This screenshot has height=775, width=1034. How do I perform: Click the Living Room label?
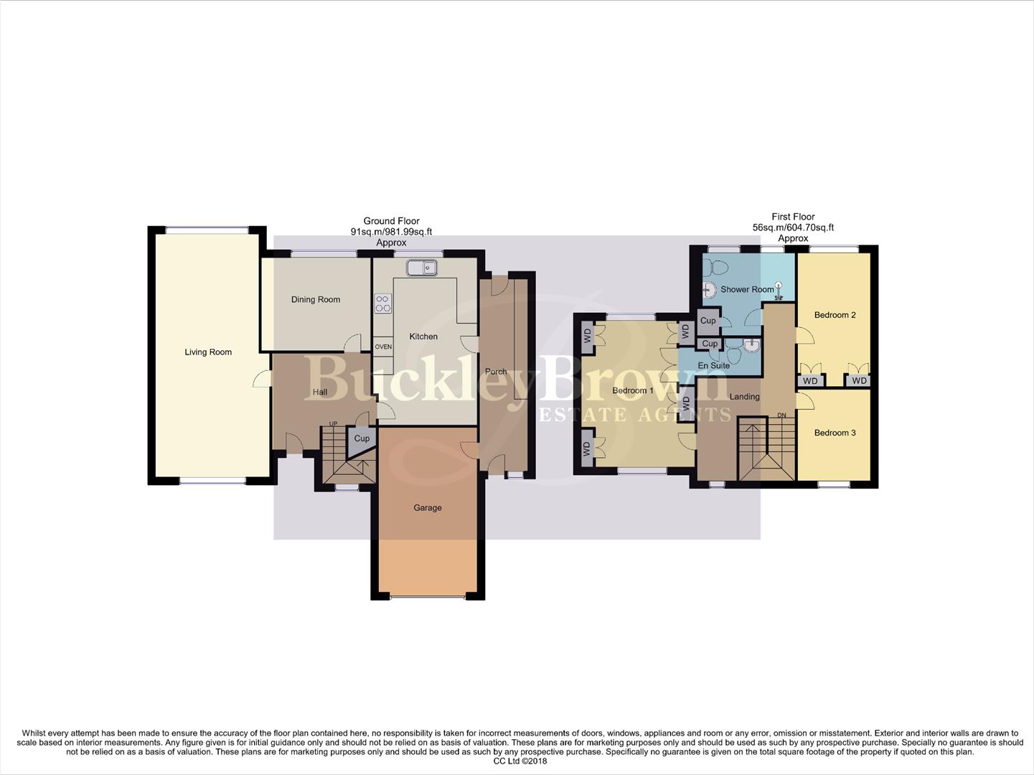pyautogui.click(x=208, y=352)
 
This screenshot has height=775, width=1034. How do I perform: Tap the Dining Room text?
pyautogui.click(x=316, y=300)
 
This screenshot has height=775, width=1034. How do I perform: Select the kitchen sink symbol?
pyautogui.click(x=422, y=268)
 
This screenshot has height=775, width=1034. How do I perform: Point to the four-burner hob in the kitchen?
pyautogui.click(x=383, y=304)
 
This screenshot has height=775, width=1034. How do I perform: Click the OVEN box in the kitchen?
pyautogui.click(x=383, y=347)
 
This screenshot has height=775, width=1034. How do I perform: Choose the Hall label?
pyautogui.click(x=320, y=392)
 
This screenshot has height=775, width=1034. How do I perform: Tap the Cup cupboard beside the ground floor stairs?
pyautogui.click(x=362, y=438)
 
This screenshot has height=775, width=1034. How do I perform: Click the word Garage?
pyautogui.click(x=428, y=508)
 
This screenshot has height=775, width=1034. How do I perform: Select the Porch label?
pyautogui.click(x=496, y=372)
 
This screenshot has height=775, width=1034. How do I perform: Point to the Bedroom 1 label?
pyautogui.click(x=633, y=391)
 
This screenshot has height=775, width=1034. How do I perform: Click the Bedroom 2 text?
pyautogui.click(x=835, y=315)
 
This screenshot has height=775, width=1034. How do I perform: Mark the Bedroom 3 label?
pyautogui.click(x=835, y=433)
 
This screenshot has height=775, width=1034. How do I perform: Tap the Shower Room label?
pyautogui.click(x=747, y=290)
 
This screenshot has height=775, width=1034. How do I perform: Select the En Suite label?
pyautogui.click(x=713, y=366)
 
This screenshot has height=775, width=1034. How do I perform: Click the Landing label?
pyautogui.click(x=744, y=397)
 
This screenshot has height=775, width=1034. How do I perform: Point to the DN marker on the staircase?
pyautogui.click(x=782, y=415)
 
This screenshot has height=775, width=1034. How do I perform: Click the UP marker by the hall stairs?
pyautogui.click(x=333, y=424)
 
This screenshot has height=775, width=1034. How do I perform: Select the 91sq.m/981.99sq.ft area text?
pyautogui.click(x=391, y=232)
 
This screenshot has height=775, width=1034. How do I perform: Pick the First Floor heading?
pyautogui.click(x=793, y=217)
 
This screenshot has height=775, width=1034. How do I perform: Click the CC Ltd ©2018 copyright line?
pyautogui.click(x=520, y=761)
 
